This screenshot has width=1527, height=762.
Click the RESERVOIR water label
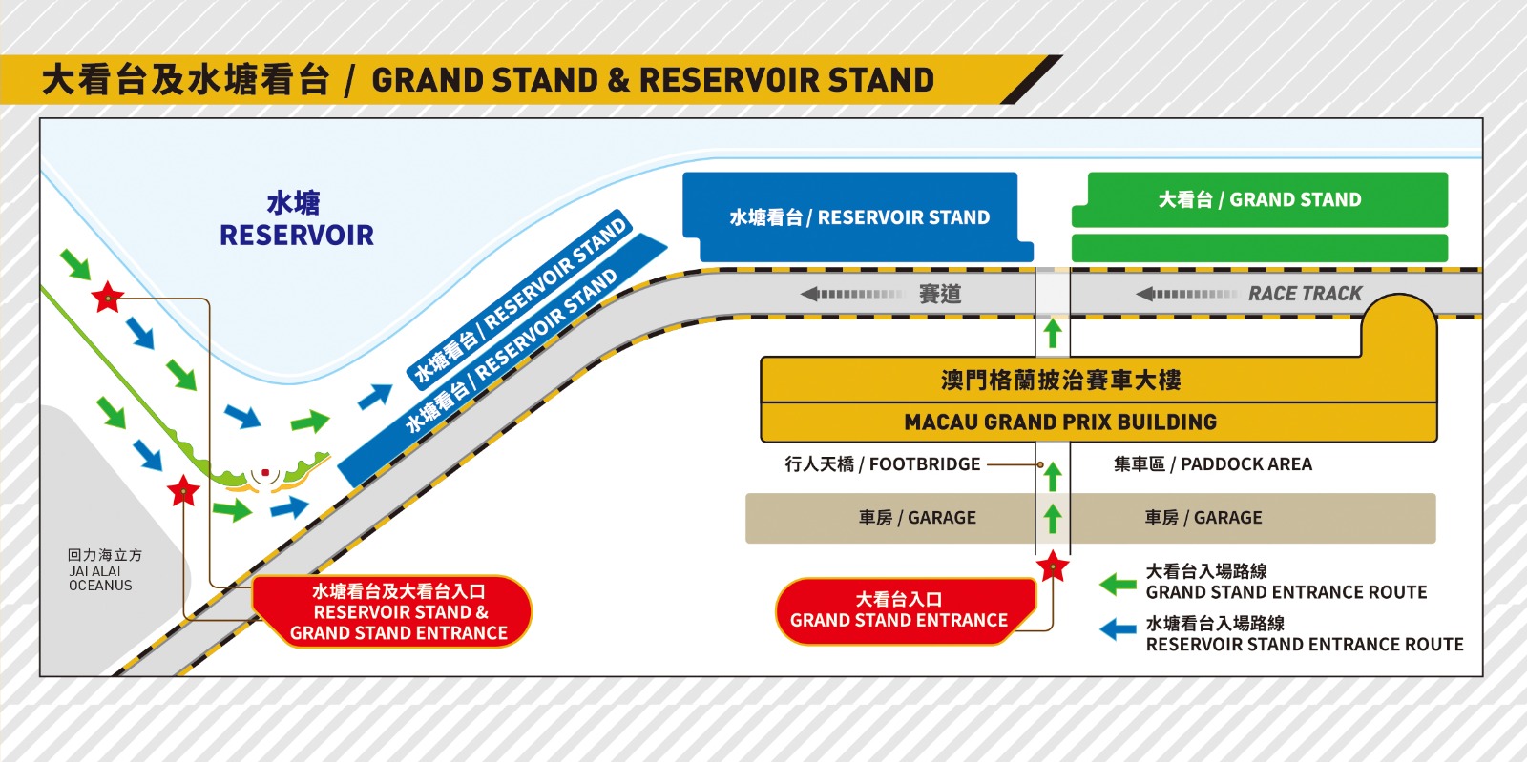296,235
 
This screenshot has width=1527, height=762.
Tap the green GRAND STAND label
1260,200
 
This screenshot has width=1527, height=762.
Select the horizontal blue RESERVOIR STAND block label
859,217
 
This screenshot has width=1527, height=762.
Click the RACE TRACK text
1305,294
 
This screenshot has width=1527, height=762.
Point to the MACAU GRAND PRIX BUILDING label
1060,422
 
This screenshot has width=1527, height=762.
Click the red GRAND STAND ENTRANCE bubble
899,610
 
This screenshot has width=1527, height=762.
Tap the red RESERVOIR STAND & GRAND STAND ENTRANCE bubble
398,611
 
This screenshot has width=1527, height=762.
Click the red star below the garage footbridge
1053,566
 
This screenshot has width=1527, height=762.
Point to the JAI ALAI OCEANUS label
101,571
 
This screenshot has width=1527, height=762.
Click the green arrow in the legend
1118,584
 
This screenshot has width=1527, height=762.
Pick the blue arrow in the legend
1118,630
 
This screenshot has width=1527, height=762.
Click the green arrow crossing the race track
1053,332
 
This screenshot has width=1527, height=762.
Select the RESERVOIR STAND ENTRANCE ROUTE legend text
1304,645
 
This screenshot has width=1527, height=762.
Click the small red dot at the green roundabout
265,472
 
